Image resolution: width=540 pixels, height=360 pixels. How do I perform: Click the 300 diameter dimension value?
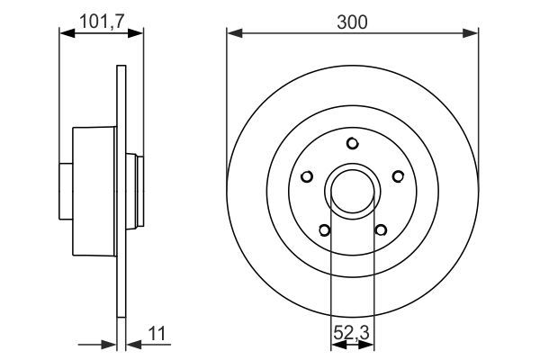point(352,22)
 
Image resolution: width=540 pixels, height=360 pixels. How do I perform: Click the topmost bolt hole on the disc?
point(353,143)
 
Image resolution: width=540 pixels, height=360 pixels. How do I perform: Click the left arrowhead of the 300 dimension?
point(233,34)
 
